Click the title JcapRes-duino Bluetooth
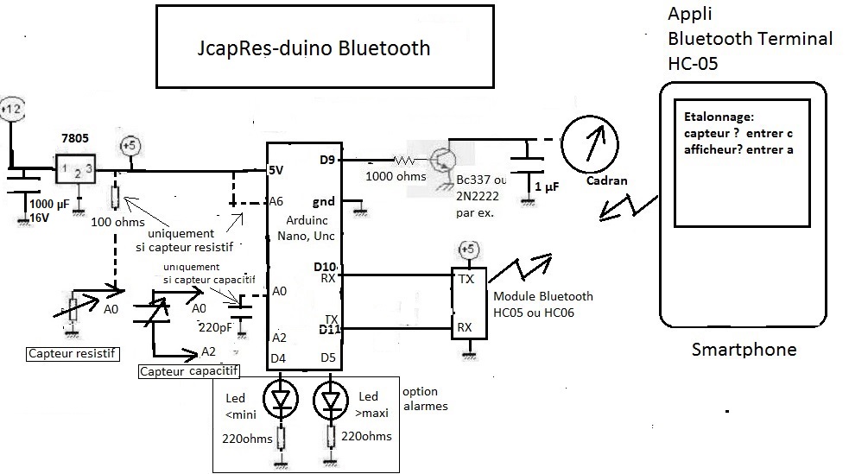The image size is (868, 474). tap(314, 48)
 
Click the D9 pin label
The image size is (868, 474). tap(326, 160)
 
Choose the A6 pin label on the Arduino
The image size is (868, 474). tap(276, 201)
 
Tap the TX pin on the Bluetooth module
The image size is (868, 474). tap(465, 280)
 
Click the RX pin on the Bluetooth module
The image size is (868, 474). tap(464, 327)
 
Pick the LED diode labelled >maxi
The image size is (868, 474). tap(331, 399)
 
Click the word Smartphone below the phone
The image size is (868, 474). tap(744, 350)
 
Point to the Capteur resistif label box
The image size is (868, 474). tap(73, 353)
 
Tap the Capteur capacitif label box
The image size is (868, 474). tap(188, 371)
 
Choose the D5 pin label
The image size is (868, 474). tap(327, 358)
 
